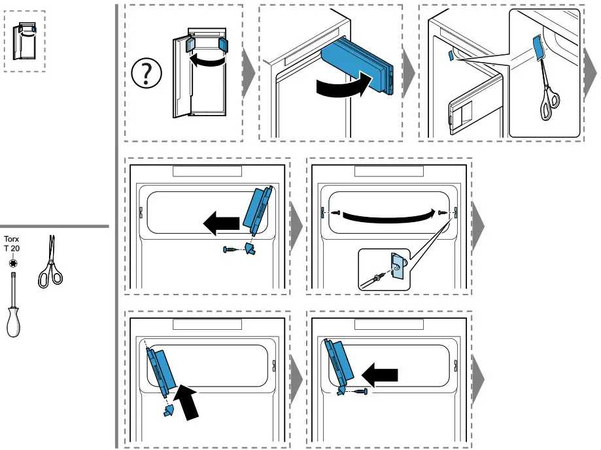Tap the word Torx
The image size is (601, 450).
tap(12, 239)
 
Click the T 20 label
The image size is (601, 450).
tap(12, 249)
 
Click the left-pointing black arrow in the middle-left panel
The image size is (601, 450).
tap(220, 225)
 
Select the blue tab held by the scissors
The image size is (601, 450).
tap(538, 48)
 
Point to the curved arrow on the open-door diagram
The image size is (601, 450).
tap(207, 61)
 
